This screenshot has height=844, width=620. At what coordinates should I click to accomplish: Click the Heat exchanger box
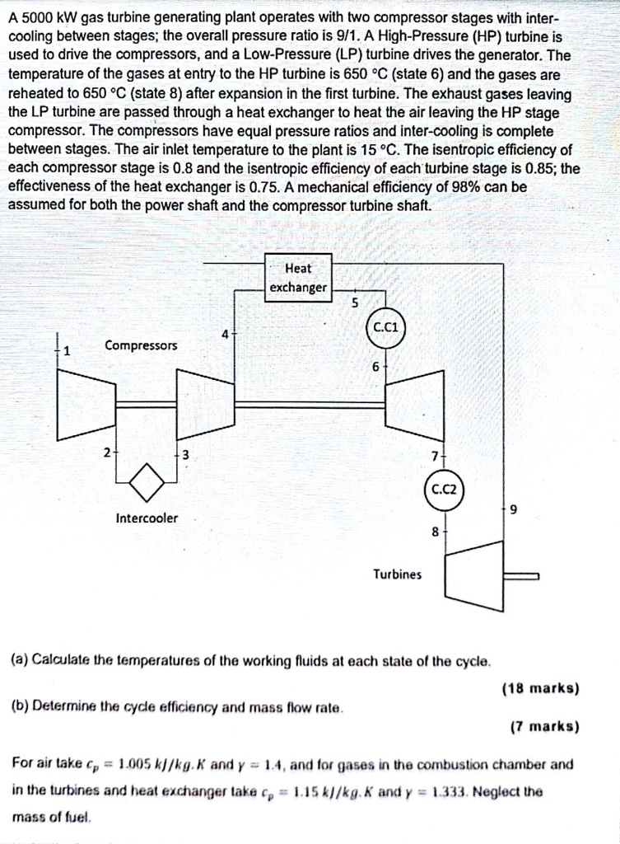(x=298, y=278)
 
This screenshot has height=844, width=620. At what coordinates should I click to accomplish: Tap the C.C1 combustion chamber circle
(x=385, y=326)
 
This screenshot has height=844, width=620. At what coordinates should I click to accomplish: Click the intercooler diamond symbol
(x=148, y=481)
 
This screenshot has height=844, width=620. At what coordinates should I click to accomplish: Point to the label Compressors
(x=140, y=345)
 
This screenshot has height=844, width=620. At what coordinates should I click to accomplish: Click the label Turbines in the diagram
(x=397, y=574)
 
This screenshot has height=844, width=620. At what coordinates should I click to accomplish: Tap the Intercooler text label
(x=146, y=518)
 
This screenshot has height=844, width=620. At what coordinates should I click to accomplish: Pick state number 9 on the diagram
(x=514, y=509)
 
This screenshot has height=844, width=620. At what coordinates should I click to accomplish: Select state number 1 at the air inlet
(x=68, y=349)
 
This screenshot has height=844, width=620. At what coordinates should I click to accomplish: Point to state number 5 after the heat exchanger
(x=355, y=302)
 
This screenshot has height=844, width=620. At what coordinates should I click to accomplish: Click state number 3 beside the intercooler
(x=185, y=455)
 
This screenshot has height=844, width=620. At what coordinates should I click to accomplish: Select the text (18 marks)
(x=539, y=687)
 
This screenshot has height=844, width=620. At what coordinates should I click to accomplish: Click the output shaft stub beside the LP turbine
(x=520, y=576)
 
